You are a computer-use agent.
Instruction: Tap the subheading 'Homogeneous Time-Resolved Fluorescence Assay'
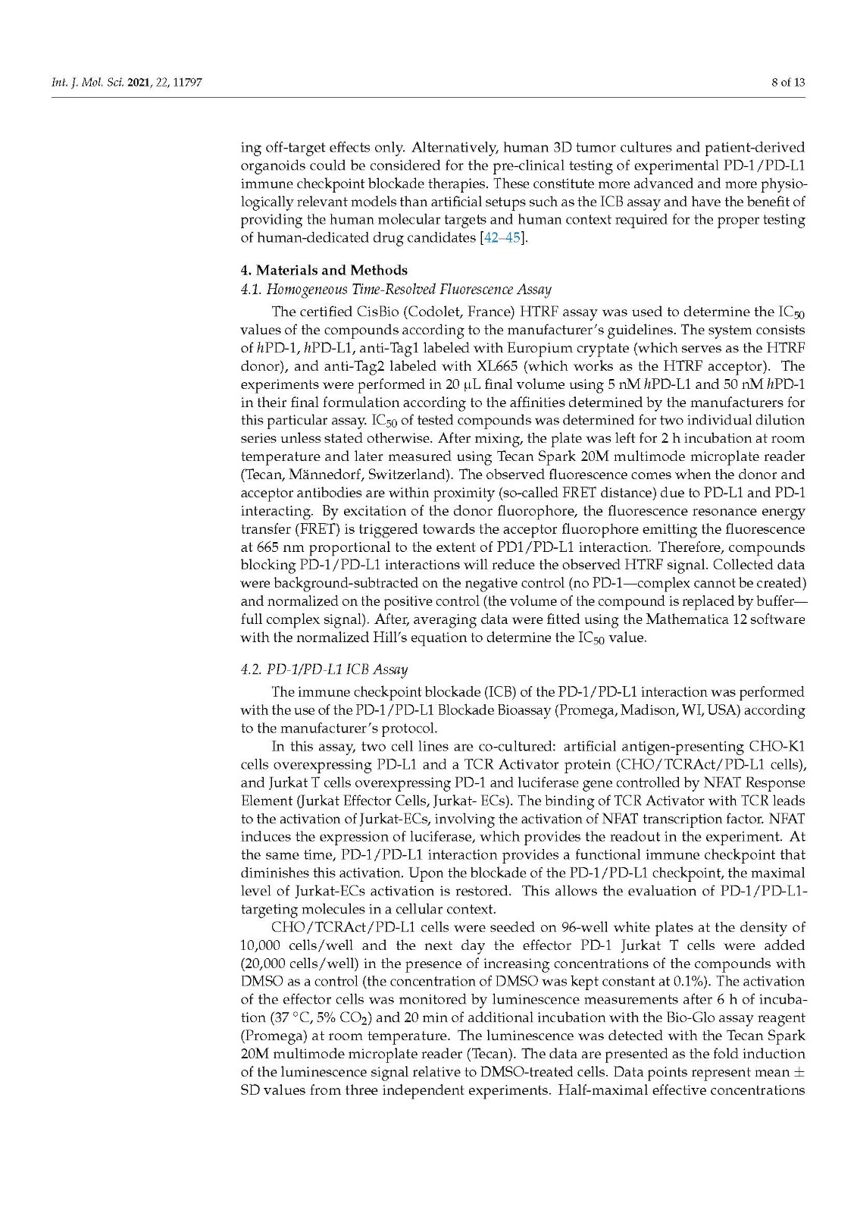pyautogui.click(x=409, y=289)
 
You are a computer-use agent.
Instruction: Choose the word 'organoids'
pyautogui.click(x=268, y=165)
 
